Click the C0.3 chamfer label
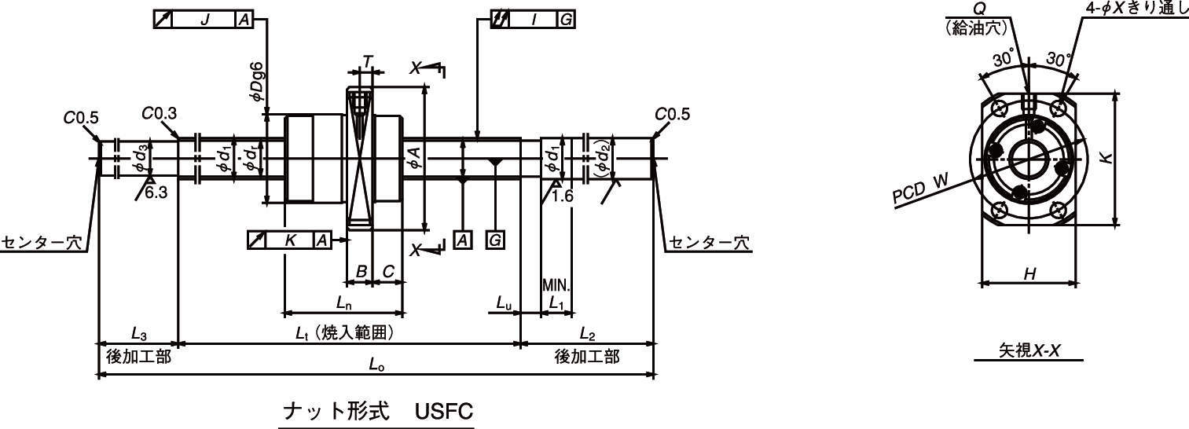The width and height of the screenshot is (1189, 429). pyautogui.click(x=159, y=113)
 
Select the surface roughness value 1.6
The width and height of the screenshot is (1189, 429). pyautogui.click(x=563, y=196)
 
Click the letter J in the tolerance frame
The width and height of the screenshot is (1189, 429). pyautogui.click(x=204, y=20)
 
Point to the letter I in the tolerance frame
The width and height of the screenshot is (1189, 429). pyautogui.click(x=534, y=20)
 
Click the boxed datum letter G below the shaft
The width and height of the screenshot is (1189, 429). pyautogui.click(x=495, y=240)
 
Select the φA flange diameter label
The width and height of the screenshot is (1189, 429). pyautogui.click(x=415, y=157)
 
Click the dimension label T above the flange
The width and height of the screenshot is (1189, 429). pyautogui.click(x=367, y=61)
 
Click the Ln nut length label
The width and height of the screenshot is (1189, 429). pyautogui.click(x=343, y=302)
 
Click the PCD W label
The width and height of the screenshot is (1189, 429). pyautogui.click(x=920, y=192)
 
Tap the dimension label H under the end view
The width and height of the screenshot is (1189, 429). pyautogui.click(x=1029, y=273)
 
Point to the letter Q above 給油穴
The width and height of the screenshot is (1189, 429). pyautogui.click(x=979, y=8)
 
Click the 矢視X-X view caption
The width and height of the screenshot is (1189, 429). pyautogui.click(x=1029, y=351)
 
